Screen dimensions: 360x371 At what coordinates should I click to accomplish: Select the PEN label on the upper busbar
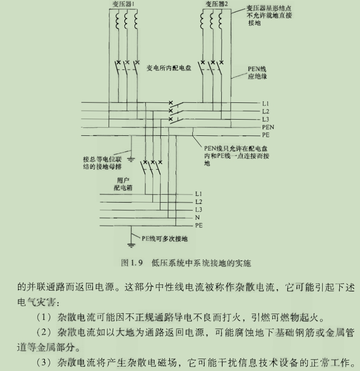click(268, 127)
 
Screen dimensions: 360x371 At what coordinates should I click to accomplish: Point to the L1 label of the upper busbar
click(266, 103)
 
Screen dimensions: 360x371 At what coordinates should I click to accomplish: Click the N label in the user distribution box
click(198, 218)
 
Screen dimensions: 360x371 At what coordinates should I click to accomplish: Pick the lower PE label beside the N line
click(199, 225)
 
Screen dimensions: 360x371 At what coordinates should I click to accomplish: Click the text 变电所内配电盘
click(169, 68)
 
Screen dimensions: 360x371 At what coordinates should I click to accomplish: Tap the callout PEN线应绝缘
click(257, 73)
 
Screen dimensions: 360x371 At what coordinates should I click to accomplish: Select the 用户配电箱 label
click(123, 184)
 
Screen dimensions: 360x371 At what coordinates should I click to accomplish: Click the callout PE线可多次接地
click(165, 239)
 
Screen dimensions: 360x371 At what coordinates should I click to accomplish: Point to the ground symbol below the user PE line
click(131, 245)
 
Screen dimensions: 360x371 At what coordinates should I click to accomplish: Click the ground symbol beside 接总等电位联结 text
click(131, 160)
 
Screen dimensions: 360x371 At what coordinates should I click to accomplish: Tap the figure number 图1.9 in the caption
click(132, 263)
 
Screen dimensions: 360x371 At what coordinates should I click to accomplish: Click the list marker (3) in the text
click(44, 362)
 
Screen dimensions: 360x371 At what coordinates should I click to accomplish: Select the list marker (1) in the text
click(44, 317)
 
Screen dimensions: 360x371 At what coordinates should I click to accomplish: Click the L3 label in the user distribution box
click(198, 210)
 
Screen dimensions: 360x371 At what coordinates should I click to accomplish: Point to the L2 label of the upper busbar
click(266, 111)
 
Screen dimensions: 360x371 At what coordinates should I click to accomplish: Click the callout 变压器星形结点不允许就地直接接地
click(269, 15)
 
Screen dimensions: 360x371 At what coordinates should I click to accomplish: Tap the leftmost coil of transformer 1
click(118, 21)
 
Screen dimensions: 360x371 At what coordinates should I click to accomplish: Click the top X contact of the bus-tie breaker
click(171, 103)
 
